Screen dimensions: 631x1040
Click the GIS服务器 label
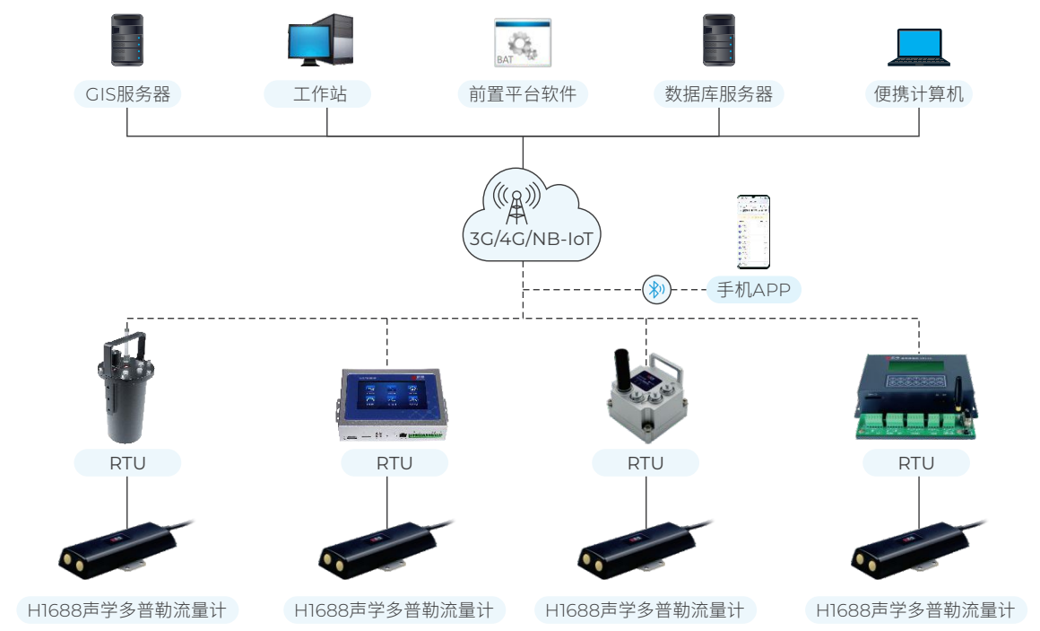click(x=127, y=94)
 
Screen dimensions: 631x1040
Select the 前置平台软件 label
click(x=523, y=94)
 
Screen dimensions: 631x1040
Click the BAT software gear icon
click(x=523, y=43)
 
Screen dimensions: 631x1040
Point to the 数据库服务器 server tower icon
click(x=719, y=40)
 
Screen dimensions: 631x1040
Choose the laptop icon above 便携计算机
click(x=919, y=48)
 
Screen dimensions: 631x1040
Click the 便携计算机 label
click(x=919, y=94)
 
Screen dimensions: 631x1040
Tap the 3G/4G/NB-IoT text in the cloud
click(x=523, y=240)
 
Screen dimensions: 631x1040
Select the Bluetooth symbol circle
click(x=656, y=289)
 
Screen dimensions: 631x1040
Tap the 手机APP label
click(x=753, y=290)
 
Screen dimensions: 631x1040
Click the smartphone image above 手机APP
click(x=753, y=232)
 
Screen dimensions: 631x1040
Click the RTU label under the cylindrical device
click(x=127, y=463)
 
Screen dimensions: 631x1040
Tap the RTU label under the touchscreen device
click(x=394, y=463)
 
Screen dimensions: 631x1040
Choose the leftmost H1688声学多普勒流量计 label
click(x=127, y=611)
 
